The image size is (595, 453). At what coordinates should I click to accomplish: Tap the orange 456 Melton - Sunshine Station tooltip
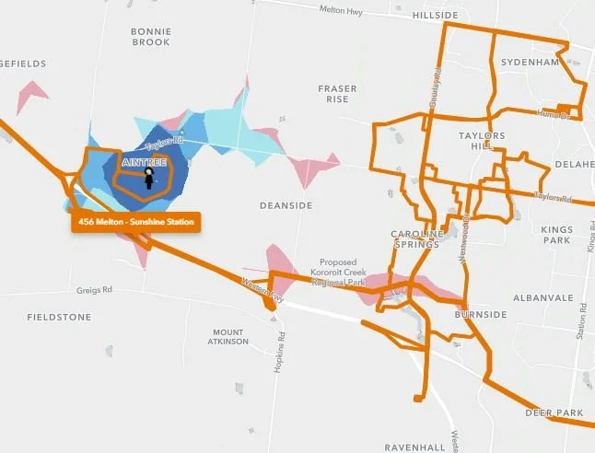coord(134,222)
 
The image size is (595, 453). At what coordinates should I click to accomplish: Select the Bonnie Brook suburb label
coord(151,37)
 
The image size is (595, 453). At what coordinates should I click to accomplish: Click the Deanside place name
coord(286,204)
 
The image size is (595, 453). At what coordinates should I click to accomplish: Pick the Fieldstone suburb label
coord(59,317)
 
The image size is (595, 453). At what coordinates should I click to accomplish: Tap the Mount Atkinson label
coord(228,336)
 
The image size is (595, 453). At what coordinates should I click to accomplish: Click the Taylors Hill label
coord(482,142)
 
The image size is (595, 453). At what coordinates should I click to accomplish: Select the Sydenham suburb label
coord(531,62)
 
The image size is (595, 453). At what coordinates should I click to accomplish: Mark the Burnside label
coord(481,314)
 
